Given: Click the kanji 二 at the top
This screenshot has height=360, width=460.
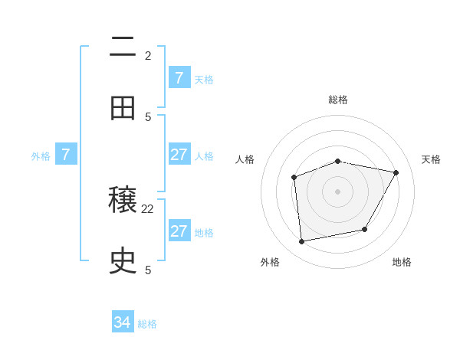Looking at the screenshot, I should click(x=123, y=47).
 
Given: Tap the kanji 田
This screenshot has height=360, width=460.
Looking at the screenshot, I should click(x=123, y=108).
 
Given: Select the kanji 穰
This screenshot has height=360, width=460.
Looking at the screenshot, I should click(x=123, y=200).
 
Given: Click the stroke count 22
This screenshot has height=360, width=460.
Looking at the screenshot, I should click(x=148, y=208).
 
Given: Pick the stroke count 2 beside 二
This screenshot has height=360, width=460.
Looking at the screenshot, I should click(x=148, y=56).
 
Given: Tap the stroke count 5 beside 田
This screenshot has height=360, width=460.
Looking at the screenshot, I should click(x=148, y=116).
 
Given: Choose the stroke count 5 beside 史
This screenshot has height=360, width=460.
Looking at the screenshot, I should click(x=148, y=270).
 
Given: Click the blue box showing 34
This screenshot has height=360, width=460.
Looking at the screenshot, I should click(x=123, y=322).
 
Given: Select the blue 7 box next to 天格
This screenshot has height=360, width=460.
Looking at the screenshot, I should click(x=179, y=78).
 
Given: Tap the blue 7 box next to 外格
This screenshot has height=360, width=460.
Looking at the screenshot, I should click(x=66, y=155).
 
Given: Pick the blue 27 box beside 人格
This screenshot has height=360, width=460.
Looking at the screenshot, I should click(x=179, y=155).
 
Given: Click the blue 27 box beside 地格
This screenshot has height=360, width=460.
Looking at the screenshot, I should click(x=179, y=231).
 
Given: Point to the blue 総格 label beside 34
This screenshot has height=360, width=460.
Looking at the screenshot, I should click(x=147, y=324).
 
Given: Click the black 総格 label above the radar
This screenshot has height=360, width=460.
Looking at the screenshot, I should click(x=338, y=100).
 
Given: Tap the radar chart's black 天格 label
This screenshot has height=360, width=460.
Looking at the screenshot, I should click(x=431, y=159).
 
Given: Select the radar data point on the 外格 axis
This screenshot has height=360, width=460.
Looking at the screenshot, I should click(x=302, y=242).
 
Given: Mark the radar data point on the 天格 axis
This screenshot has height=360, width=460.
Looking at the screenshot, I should click(x=396, y=173).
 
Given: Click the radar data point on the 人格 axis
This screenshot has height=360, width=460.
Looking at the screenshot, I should click(x=294, y=178).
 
